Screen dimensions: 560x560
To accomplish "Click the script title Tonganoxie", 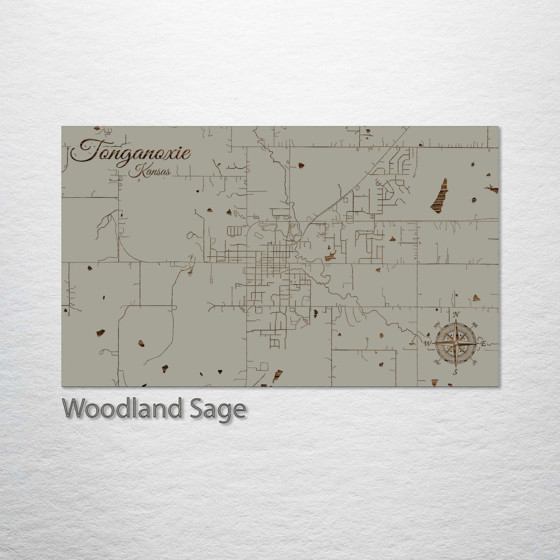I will click(132, 152).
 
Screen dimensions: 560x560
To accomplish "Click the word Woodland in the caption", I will click(122, 408).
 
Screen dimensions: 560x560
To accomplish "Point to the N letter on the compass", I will click(457, 314).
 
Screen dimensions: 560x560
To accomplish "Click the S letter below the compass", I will click(456, 372).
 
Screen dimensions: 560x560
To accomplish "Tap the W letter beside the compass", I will click(427, 343).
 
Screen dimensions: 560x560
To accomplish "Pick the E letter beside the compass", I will click(483, 343).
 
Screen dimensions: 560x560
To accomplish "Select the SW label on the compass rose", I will click(437, 362).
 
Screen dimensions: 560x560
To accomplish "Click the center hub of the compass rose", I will click(456, 343).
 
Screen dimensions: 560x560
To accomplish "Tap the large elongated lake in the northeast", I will click(439, 196).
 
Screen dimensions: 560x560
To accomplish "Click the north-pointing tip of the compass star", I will click(456, 321).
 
